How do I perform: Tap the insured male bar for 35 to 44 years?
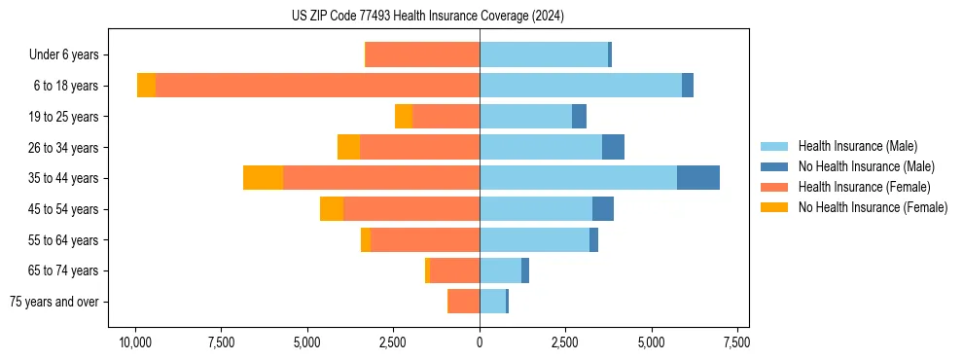[578, 178]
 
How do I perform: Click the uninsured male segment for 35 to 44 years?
[698, 178]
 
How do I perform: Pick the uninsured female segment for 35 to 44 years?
[263, 178]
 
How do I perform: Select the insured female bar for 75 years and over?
[463, 302]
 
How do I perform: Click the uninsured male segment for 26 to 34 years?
[613, 147]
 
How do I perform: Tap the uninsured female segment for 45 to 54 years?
[332, 209]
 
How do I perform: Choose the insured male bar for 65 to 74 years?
[500, 270]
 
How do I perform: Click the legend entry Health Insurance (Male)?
[857, 146]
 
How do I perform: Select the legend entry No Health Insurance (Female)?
[873, 207]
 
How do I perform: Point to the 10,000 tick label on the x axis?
[135, 342]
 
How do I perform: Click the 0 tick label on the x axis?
[480, 342]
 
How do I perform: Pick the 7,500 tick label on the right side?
[736, 342]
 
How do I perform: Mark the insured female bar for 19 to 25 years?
[446, 117]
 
